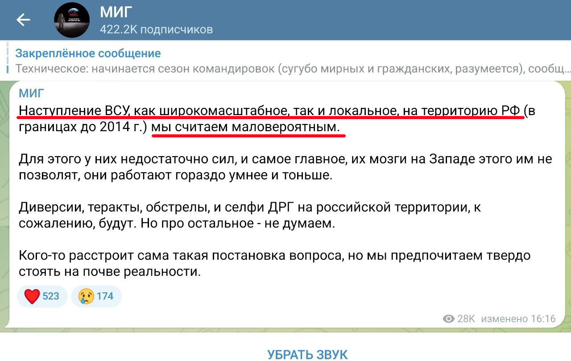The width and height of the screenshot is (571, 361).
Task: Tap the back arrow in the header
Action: point(23,20)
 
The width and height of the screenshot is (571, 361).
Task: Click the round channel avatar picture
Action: point(72,20)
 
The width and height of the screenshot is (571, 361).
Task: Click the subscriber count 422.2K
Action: point(119,29)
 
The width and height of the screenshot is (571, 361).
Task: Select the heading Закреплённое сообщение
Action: point(88,54)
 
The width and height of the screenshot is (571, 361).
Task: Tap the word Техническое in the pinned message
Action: point(52,69)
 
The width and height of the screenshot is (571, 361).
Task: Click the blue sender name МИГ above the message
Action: point(31,93)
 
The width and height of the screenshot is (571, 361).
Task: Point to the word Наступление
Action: point(60,111)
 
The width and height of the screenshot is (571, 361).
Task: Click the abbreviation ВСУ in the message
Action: point(117,111)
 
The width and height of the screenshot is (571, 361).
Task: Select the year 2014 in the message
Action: point(115,126)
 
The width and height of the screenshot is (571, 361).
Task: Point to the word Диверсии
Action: point(51,207)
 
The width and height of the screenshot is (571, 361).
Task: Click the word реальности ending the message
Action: point(162,272)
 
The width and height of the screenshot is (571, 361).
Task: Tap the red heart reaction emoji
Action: point(32,296)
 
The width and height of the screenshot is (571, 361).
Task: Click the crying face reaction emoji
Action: point(86,296)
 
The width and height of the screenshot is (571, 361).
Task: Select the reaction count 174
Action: point(105,296)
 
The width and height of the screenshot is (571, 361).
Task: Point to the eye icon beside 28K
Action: point(449,319)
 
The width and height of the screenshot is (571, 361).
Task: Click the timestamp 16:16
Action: point(543,319)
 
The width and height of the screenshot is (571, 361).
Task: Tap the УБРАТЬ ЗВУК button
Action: point(307,355)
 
